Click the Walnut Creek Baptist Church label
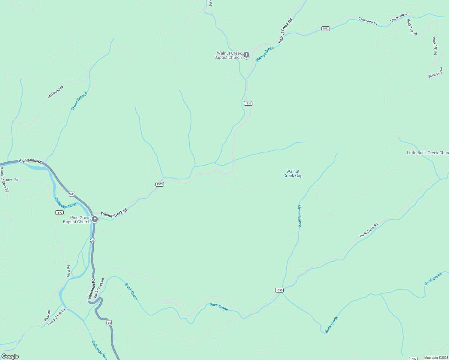[x=228, y=55]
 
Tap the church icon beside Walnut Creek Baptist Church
[x=246, y=55]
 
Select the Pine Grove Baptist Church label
[x=77, y=220]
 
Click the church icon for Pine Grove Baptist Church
[x=95, y=219]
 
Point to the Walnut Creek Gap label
[x=293, y=173]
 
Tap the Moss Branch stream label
[x=299, y=216]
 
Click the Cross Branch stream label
[x=79, y=101]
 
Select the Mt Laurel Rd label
[x=56, y=92]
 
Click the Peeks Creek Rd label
[x=56, y=317]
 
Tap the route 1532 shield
[x=325, y=28]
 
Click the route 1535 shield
[x=279, y=290]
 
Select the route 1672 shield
[x=59, y=212]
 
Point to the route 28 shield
[x=92, y=240]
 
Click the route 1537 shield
[x=413, y=358]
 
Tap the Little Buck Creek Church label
[x=428, y=153]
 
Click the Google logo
[x=10, y=356]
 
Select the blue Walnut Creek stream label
[x=265, y=54]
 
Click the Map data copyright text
[x=436, y=358]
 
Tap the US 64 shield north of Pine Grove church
[x=71, y=194]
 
